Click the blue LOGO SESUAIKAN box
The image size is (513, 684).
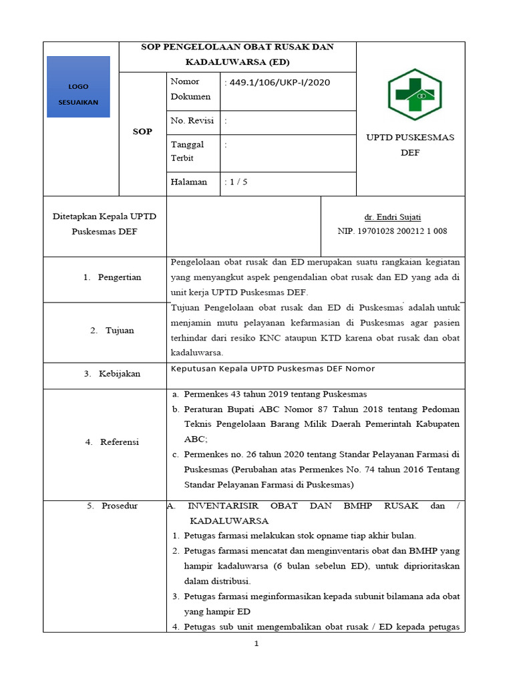(x=78, y=87)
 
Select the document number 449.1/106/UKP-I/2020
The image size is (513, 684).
(x=279, y=82)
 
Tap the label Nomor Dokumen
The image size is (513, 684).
(x=190, y=89)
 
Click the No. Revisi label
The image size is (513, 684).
(x=192, y=121)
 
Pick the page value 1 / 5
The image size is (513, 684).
(x=238, y=182)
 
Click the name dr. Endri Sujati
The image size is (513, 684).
(x=392, y=218)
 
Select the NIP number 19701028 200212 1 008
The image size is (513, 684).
(x=393, y=231)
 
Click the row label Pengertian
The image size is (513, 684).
(x=119, y=277)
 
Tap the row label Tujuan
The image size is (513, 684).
(x=120, y=330)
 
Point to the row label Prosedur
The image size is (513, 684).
(x=119, y=506)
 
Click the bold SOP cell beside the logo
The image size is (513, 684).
(x=142, y=132)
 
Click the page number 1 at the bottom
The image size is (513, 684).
(x=256, y=644)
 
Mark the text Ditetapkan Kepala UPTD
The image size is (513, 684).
(x=104, y=217)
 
